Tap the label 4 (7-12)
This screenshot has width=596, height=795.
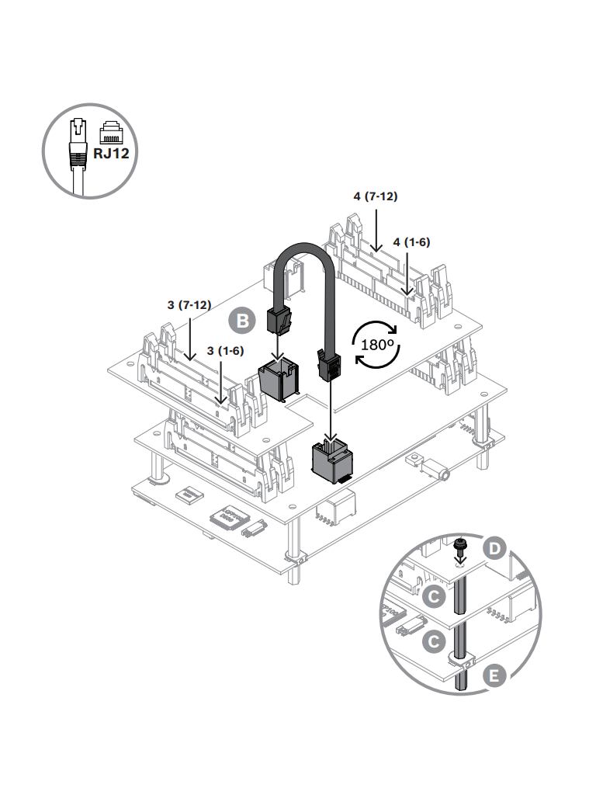click(376, 196)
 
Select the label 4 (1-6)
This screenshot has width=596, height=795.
click(411, 241)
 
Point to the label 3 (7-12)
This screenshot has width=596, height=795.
click(189, 305)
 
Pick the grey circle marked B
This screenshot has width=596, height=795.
click(242, 320)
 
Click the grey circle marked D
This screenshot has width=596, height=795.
click(496, 549)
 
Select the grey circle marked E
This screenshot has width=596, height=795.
click(492, 675)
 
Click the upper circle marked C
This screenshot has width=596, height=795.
click(435, 597)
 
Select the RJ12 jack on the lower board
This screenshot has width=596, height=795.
click(331, 460)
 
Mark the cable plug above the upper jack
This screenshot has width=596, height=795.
click(279, 320)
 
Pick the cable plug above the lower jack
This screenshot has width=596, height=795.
click(329, 365)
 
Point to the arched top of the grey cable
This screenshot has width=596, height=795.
click(307, 250)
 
